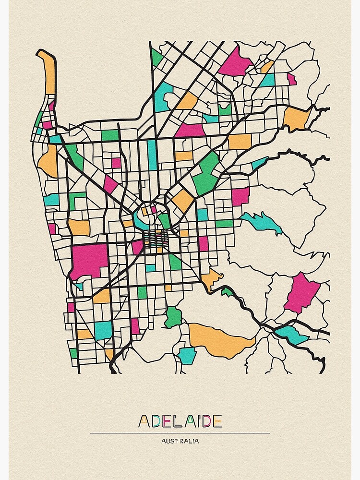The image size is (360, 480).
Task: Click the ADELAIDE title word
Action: click(180, 421)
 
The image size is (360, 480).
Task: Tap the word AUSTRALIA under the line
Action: click(180, 441)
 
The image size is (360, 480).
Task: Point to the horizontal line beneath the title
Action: click(180, 433)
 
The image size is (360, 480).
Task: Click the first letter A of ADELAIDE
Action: click(144, 421)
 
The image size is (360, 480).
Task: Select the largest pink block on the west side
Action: click(89, 260)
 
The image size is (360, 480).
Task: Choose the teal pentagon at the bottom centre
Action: click(187, 355)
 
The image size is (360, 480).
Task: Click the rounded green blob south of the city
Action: click(173, 317)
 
